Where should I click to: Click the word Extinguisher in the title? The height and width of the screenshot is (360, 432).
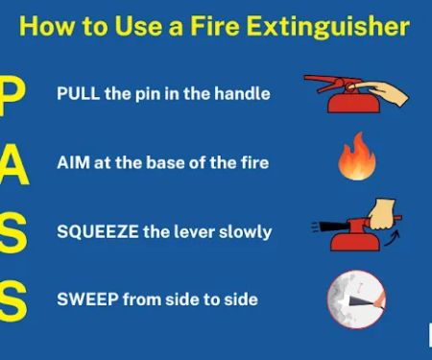328,27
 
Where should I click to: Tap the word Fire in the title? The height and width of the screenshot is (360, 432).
215,25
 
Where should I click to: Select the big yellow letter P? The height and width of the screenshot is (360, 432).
12,97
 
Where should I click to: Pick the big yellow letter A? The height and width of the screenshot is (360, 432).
14,164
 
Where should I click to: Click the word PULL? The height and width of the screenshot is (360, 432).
78,94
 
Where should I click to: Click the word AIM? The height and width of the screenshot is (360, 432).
73,162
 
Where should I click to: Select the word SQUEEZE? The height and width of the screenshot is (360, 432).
98,231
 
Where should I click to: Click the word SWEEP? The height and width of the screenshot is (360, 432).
87,300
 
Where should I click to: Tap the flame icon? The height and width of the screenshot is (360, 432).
357,156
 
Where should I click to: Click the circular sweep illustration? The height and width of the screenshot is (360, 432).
356,300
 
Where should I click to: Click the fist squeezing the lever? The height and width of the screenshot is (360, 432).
381,214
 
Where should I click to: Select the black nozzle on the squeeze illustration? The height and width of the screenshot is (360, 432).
334,227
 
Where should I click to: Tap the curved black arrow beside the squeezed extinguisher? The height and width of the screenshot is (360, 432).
393,238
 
